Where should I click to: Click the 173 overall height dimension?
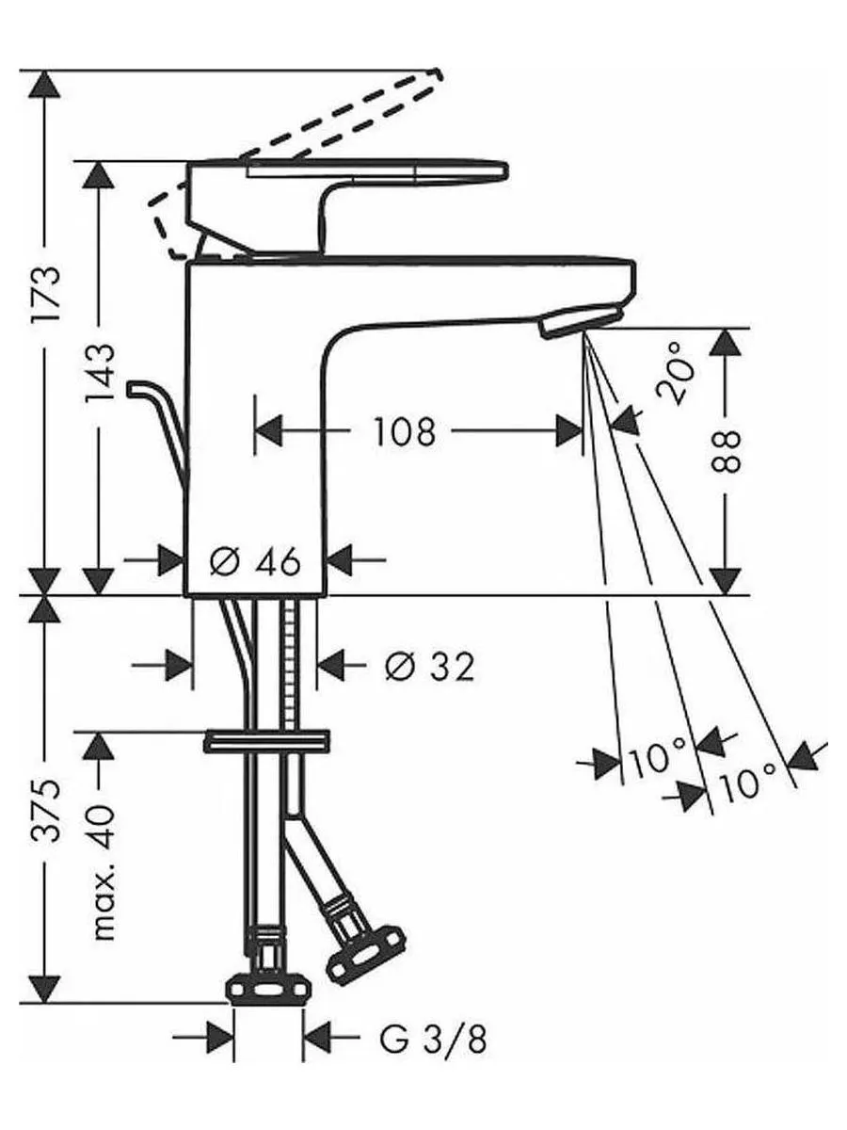(46, 293)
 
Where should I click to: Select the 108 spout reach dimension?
(405, 431)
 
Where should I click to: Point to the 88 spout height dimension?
(726, 451)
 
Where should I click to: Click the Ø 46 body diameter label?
(255, 561)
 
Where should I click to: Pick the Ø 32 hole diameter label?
(429, 667)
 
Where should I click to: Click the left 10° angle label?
(657, 760)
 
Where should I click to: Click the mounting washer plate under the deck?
(267, 742)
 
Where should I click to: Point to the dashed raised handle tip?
(436, 76)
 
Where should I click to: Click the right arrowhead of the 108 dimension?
(569, 431)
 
